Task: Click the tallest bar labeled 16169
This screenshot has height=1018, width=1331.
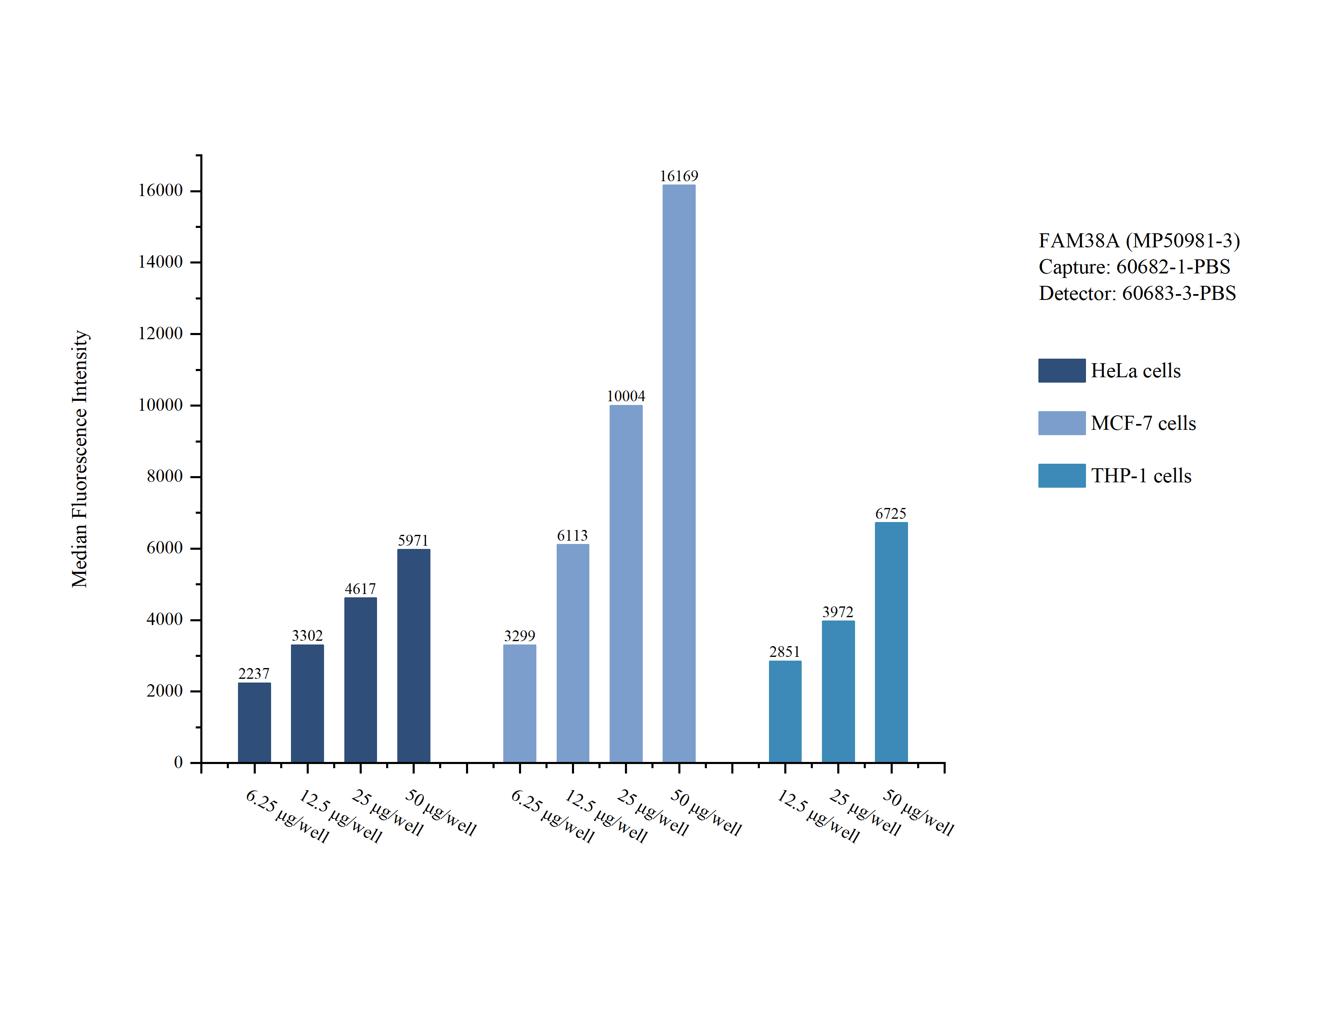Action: tap(679, 473)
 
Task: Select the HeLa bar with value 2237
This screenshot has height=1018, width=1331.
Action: tap(254, 722)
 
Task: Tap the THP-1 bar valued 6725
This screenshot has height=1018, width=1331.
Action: tap(891, 642)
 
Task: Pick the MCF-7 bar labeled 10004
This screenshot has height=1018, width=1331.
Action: tap(625, 584)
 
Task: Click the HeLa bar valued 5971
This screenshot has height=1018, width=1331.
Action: tap(413, 656)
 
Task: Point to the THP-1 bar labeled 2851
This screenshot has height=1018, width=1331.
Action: tap(785, 711)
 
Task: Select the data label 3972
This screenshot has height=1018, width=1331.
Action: tap(838, 612)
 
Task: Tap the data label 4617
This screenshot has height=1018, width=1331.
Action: tap(360, 589)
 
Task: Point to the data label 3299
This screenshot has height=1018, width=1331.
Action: tap(519, 636)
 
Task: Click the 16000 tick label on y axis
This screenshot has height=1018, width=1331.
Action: tap(160, 191)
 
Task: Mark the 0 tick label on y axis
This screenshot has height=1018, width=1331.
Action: tap(178, 762)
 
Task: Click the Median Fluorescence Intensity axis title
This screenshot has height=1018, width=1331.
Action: tap(80, 459)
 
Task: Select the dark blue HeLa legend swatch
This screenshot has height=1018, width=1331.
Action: tap(1061, 370)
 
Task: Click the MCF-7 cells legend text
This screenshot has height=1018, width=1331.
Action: tap(1143, 423)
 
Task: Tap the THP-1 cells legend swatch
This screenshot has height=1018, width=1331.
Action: tap(1061, 476)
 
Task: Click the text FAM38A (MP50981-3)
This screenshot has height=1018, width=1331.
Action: tap(1139, 241)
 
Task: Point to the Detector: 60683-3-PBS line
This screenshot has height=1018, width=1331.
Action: tap(1137, 293)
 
